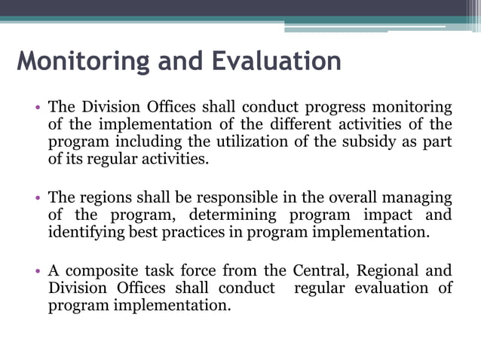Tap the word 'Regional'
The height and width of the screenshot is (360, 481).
click(x=385, y=270)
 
